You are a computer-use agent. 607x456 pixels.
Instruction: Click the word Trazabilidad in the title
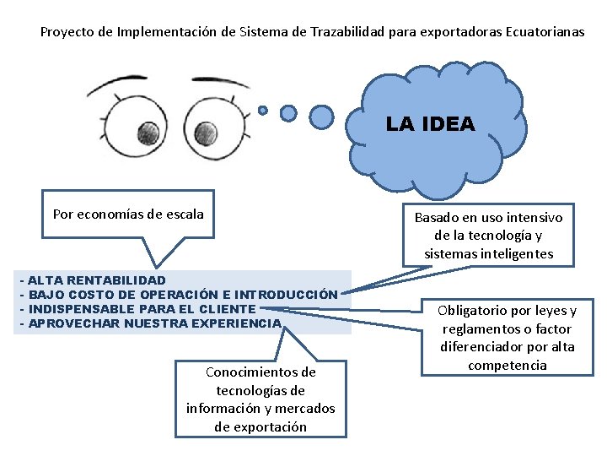click(348, 32)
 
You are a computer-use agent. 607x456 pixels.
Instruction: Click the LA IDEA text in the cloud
click(430, 124)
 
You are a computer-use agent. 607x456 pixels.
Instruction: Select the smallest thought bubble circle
click(263, 110)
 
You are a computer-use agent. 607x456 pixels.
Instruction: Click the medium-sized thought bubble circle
click(288, 112)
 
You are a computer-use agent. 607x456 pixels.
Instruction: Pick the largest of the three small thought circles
click(321, 114)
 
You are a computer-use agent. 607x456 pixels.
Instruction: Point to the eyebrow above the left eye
click(118, 85)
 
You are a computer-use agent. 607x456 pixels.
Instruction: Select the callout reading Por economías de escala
click(128, 214)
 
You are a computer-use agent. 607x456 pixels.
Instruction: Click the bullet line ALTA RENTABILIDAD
click(97, 280)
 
